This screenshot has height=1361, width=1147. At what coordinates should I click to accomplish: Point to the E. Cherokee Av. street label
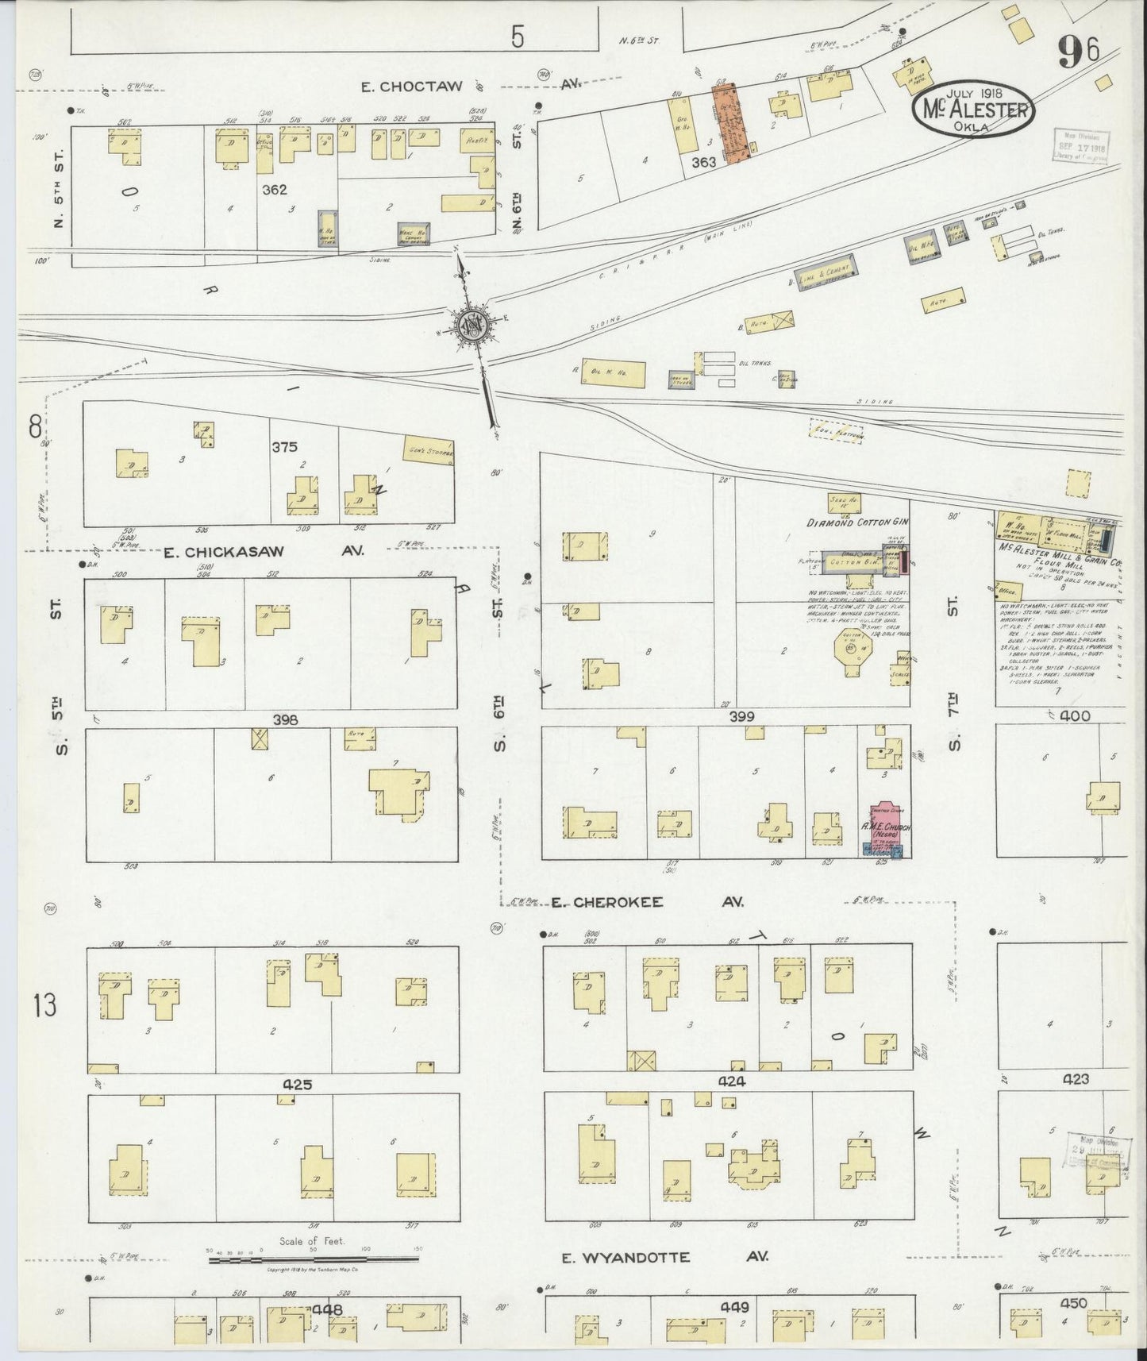click(646, 902)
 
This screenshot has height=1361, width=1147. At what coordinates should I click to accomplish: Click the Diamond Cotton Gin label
click(857, 523)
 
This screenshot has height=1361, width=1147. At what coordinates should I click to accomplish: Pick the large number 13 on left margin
click(45, 1007)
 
